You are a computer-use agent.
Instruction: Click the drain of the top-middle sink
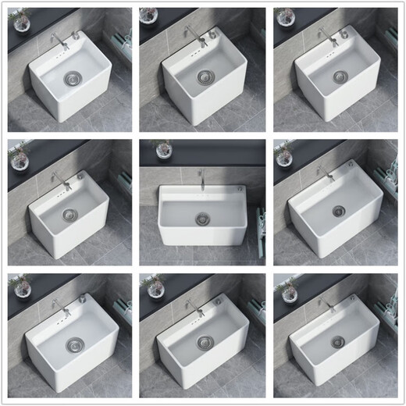click(205, 76)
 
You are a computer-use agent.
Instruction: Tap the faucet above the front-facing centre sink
click(202, 173)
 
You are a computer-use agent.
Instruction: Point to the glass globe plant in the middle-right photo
click(283, 152)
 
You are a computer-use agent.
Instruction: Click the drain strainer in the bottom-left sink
click(73, 345)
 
